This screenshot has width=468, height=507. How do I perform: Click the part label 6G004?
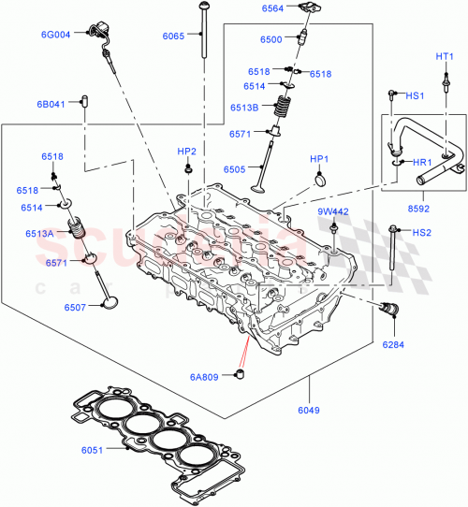click(x=56, y=35)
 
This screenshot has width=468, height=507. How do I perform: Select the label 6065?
click(x=173, y=36)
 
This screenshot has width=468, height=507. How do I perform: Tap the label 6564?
click(x=273, y=8)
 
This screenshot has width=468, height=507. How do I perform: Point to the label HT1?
click(x=445, y=56)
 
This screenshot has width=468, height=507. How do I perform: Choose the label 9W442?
click(x=332, y=211)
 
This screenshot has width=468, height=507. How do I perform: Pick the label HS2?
click(x=422, y=232)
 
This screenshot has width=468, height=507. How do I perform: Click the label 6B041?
click(x=51, y=104)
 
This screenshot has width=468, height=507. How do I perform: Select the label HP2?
click(x=188, y=151)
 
